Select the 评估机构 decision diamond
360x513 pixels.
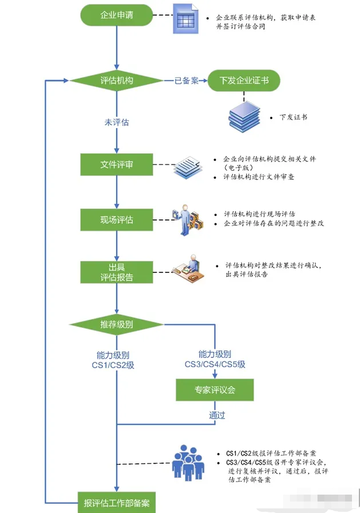point(117,80)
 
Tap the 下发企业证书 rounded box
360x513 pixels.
point(243,80)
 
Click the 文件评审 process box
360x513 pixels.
point(117,165)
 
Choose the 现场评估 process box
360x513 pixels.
point(117,219)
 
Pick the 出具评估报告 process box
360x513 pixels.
point(117,272)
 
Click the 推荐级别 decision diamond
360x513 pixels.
point(117,325)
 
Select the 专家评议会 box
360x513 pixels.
point(215,390)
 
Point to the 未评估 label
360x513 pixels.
point(117,122)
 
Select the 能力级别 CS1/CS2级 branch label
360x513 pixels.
point(117,360)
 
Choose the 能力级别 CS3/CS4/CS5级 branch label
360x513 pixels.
point(215,359)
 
